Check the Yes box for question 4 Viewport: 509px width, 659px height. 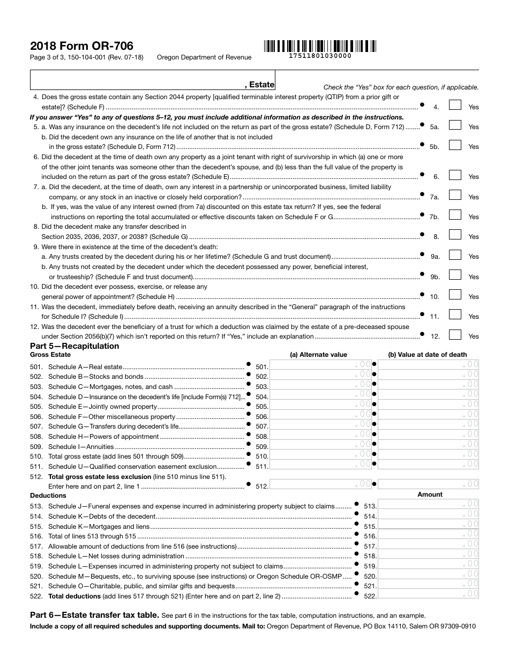454,106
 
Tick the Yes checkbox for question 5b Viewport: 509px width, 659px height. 454,145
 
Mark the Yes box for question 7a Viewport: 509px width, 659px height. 454,196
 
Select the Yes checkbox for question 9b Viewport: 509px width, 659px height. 454,275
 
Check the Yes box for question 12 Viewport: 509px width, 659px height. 454,335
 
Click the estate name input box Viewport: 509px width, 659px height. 153,79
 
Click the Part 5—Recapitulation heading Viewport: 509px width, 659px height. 74,346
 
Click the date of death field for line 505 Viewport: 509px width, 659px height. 428,406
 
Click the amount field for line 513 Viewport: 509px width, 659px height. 428,505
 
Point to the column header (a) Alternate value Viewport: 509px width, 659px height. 318,355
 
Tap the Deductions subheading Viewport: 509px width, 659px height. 48,496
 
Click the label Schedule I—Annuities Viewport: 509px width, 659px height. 81,446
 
